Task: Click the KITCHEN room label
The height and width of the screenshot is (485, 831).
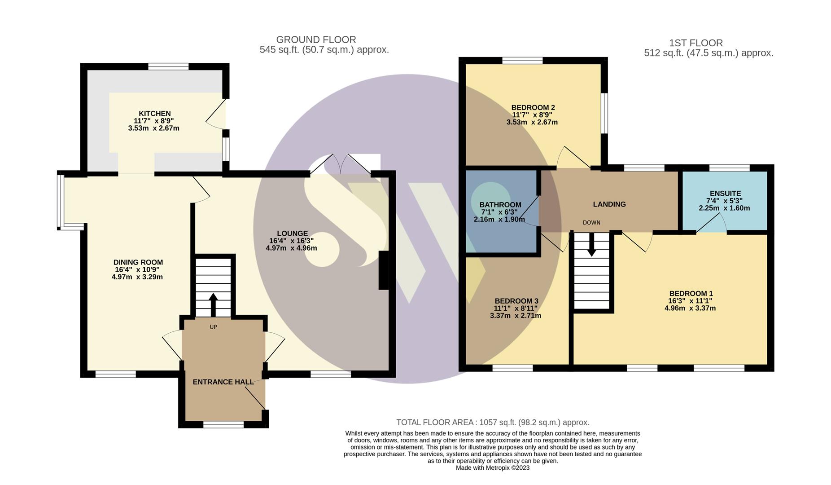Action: click(154, 114)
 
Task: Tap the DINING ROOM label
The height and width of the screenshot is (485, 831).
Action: click(138, 262)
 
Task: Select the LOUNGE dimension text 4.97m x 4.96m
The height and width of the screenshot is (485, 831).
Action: click(291, 248)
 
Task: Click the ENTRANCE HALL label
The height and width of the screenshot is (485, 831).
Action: click(223, 382)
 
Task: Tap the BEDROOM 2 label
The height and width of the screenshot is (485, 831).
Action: click(533, 108)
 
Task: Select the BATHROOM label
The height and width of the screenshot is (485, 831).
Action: click(500, 205)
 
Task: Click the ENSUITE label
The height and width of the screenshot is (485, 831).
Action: click(725, 194)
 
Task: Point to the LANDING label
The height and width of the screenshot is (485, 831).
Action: click(609, 204)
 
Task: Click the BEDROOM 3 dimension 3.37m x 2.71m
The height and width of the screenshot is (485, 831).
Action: click(515, 316)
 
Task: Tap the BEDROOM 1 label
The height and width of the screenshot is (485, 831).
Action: click(691, 294)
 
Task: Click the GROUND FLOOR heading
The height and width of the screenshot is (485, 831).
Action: click(316, 40)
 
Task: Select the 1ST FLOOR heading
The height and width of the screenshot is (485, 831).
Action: click(695, 43)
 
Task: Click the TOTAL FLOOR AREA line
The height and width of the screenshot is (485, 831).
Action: click(492, 423)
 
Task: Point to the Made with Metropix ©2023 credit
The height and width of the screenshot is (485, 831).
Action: click(492, 468)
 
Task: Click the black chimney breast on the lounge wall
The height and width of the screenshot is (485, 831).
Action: click(384, 270)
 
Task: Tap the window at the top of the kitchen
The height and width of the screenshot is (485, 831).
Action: click(168, 66)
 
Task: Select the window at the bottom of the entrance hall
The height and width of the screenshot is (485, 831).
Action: click(223, 424)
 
